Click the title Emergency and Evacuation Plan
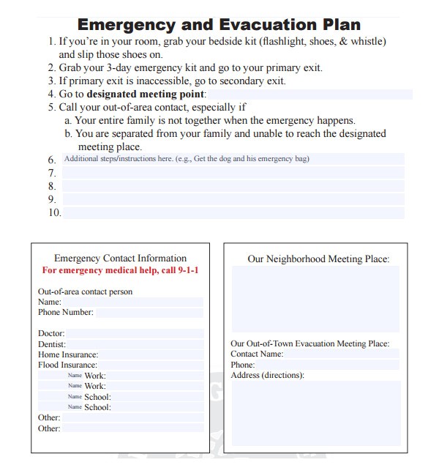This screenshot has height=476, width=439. [219, 24]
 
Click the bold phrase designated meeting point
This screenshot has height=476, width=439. [146, 94]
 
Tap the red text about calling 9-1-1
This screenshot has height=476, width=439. [121, 270]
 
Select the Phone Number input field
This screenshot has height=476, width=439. [149, 313]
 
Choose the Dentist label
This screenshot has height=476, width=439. [52, 344]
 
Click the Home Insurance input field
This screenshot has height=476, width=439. [151, 354]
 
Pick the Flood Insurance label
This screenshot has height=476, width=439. [67, 365]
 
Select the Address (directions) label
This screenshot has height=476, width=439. [268, 375]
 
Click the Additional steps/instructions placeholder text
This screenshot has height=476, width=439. [191, 159]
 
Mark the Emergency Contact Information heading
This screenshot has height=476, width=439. [120, 258]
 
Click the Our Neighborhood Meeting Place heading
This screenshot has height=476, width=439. [318, 259]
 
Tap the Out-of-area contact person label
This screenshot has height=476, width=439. [85, 291]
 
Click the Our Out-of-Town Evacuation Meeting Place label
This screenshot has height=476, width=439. [309, 343]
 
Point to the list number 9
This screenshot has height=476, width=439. [52, 199]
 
